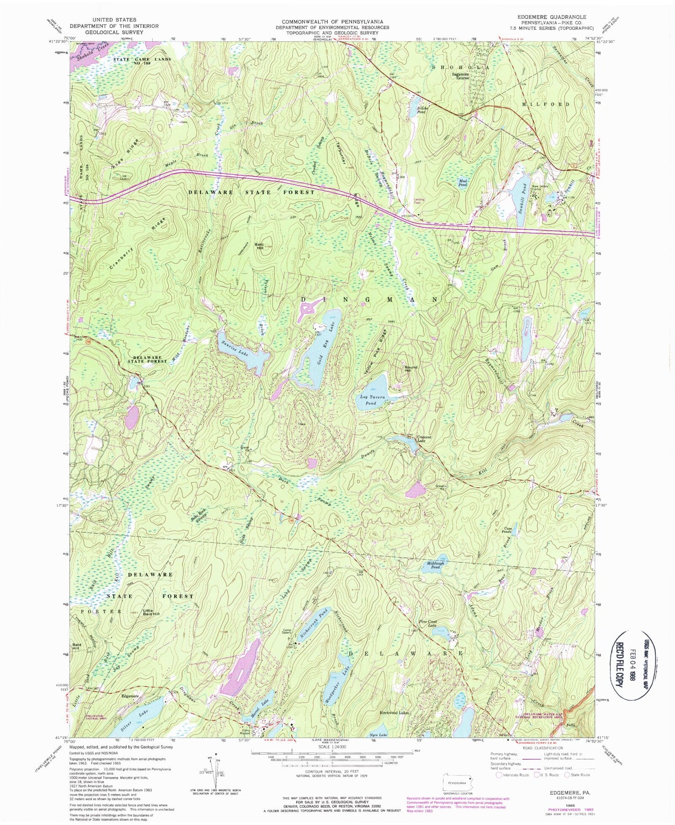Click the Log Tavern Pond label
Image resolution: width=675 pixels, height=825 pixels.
(x=372, y=400)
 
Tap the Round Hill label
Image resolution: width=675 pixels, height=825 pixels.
(x=412, y=369)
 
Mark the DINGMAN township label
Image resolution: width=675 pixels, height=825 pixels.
(x=369, y=299)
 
